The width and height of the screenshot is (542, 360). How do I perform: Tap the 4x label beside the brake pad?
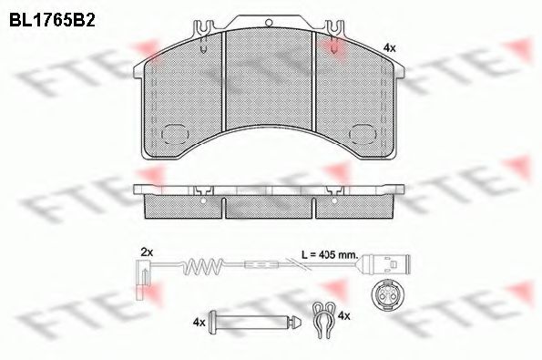[390, 46]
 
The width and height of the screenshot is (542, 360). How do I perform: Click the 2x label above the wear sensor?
[148, 250]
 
